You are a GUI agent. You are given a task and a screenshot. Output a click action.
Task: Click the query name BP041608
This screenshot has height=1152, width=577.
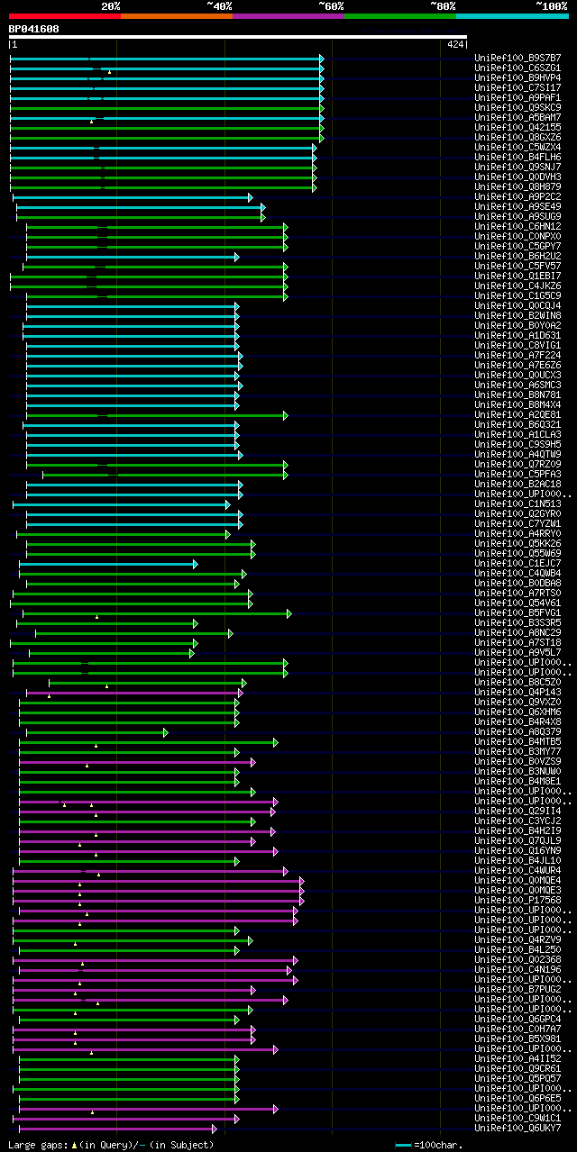click(34, 29)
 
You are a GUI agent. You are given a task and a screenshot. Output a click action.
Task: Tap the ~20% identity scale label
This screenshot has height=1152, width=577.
click(111, 6)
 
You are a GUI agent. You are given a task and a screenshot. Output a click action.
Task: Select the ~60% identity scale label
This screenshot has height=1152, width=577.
click(331, 6)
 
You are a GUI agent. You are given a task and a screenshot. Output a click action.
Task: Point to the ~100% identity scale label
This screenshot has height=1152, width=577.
click(551, 6)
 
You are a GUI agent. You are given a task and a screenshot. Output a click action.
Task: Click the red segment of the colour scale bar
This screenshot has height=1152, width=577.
click(64, 15)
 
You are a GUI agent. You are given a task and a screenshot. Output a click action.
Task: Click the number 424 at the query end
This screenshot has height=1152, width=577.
click(454, 43)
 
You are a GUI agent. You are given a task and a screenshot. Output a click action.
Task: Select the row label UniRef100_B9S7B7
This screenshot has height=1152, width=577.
click(517, 59)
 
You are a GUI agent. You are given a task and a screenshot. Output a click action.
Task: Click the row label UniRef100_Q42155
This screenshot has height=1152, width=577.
click(517, 128)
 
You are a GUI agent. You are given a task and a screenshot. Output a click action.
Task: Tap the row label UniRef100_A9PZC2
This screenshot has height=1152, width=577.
click(517, 197)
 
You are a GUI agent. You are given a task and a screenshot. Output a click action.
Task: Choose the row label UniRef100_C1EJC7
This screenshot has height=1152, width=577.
click(517, 564)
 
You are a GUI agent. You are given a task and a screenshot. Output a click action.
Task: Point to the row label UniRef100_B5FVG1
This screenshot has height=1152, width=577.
click(517, 613)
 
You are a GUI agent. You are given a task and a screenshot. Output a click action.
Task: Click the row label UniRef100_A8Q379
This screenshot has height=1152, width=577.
click(517, 732)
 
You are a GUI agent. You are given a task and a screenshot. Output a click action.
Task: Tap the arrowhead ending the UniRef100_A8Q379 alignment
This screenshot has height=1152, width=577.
click(165, 732)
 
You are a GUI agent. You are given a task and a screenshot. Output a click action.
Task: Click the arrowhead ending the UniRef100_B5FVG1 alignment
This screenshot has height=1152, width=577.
click(288, 613)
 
